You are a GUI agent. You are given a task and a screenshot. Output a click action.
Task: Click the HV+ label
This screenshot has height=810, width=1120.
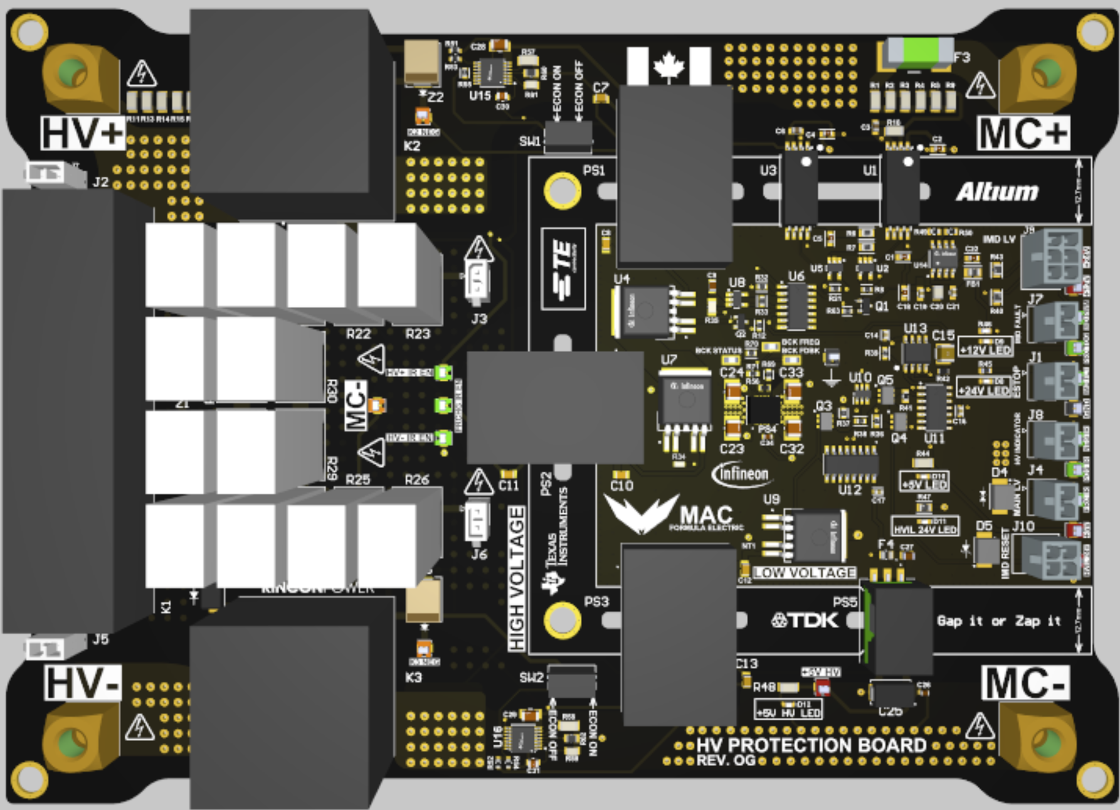pos(82,133)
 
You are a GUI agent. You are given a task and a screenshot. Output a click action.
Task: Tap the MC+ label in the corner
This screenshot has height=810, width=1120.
pos(1023,133)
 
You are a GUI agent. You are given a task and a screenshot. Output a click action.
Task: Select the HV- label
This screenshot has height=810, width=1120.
pos(82,683)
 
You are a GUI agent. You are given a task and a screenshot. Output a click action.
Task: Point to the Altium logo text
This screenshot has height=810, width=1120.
pos(996,191)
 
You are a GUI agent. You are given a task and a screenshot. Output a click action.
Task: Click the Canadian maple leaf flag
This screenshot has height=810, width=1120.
pos(668,66)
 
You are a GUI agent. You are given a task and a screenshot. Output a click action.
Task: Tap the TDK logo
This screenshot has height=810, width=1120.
pos(805,621)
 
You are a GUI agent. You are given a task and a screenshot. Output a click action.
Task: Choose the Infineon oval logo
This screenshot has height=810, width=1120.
pos(741,474)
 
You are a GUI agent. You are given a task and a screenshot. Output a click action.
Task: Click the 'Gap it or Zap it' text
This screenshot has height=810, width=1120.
pos(998,621)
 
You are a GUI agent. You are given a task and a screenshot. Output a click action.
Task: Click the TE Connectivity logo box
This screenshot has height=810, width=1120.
pos(563,269)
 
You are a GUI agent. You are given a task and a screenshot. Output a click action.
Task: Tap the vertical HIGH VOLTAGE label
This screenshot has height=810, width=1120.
pos(516,578)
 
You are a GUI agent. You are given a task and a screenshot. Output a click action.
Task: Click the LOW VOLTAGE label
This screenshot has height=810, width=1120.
pos(805,572)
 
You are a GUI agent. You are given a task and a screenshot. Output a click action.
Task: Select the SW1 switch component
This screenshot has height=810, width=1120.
pos(568,138)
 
